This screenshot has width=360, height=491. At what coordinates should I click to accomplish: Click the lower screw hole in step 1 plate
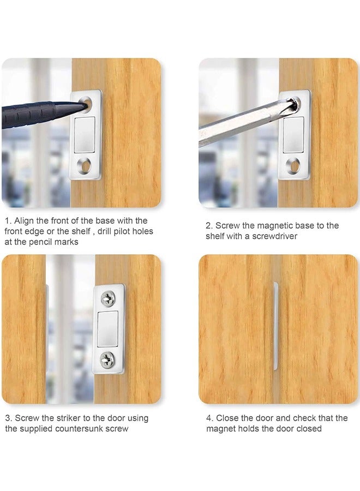85,163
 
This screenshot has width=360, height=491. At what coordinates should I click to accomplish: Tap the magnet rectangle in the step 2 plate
293,133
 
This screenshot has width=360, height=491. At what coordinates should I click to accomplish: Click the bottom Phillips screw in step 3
107,358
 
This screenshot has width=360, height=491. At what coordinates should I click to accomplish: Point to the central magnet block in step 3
107,327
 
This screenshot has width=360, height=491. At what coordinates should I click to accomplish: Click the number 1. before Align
8,221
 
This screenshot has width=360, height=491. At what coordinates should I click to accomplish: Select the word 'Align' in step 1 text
25,221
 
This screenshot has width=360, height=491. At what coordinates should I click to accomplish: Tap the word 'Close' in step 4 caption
227,418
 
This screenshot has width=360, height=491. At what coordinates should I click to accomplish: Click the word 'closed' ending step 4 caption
308,429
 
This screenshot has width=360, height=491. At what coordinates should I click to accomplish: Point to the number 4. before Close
209,418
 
